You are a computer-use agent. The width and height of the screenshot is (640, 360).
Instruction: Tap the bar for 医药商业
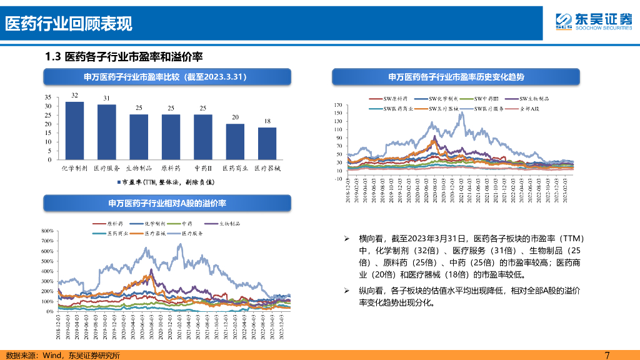(235, 141)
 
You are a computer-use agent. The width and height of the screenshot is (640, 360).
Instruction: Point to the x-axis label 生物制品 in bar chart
(139, 168)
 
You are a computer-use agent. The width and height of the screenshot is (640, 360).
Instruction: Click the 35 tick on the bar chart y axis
(48, 97)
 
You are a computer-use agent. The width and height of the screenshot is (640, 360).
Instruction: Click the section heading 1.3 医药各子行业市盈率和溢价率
(124, 57)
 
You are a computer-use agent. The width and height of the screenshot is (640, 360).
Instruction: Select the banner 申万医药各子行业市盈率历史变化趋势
(456, 77)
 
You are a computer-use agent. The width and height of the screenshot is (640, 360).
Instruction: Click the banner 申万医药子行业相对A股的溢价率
(167, 204)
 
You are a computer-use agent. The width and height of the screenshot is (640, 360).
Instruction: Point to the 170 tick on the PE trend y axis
(338, 105)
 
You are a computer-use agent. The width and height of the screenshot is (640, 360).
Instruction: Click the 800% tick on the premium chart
(47, 231)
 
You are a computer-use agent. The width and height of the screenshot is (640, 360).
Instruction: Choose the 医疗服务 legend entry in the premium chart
(191, 233)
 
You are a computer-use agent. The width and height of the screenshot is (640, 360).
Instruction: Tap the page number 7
(607, 355)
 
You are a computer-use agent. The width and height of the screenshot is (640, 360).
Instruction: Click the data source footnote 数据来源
(62, 355)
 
